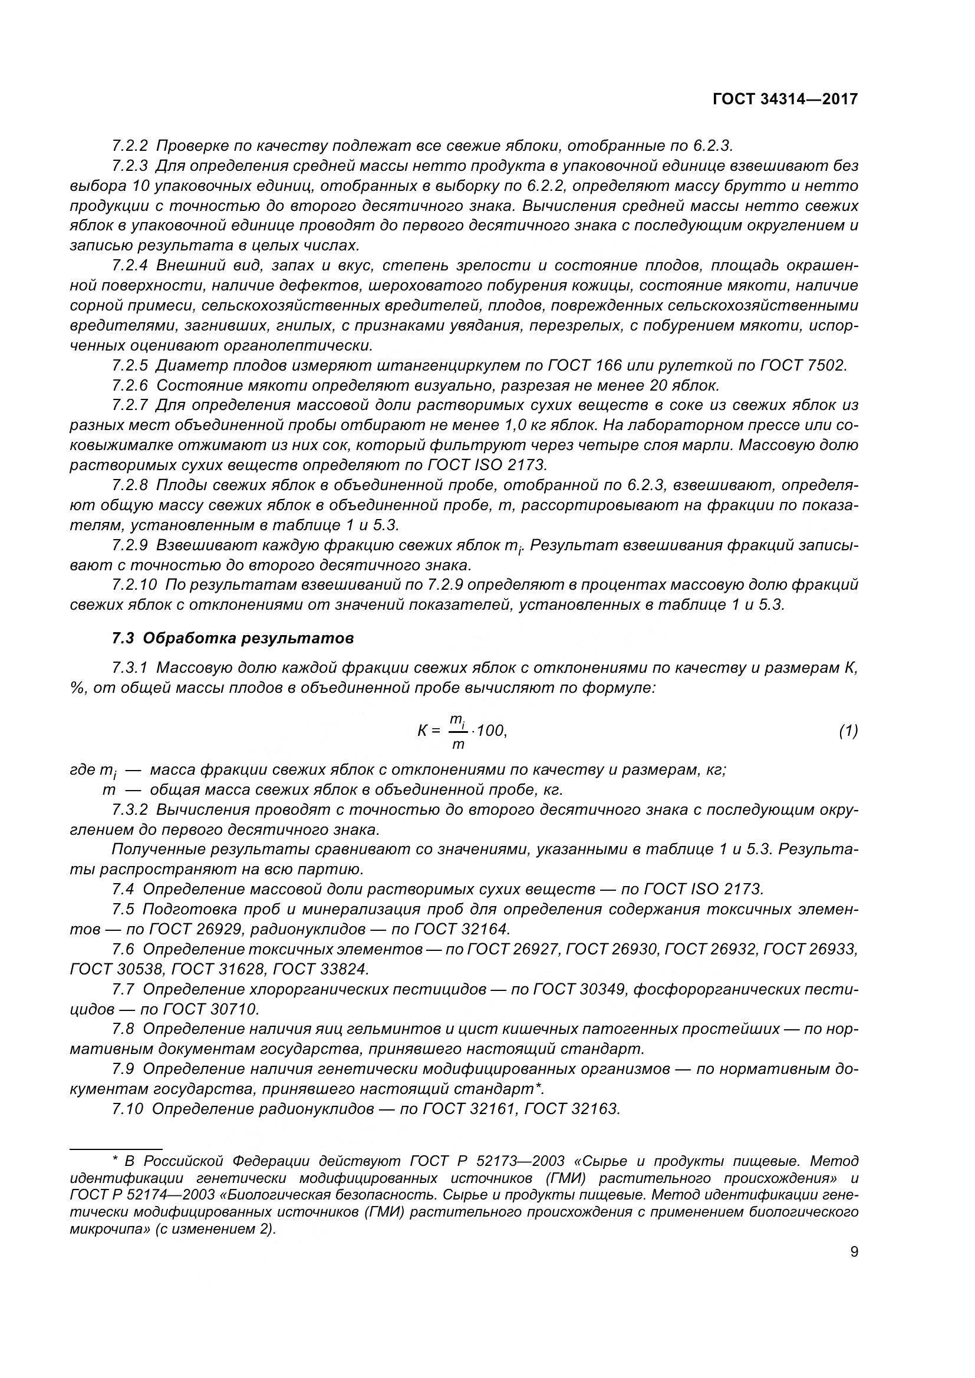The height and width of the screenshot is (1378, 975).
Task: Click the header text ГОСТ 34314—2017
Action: click(785, 99)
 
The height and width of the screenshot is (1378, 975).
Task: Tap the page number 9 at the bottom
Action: click(854, 1252)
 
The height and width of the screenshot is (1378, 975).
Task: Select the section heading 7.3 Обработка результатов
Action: click(233, 638)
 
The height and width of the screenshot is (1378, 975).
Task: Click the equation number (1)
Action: click(848, 731)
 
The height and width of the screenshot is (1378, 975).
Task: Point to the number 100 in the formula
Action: click(492, 731)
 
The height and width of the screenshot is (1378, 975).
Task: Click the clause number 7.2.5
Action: click(130, 365)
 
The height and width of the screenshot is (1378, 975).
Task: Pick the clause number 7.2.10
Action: click(134, 584)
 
